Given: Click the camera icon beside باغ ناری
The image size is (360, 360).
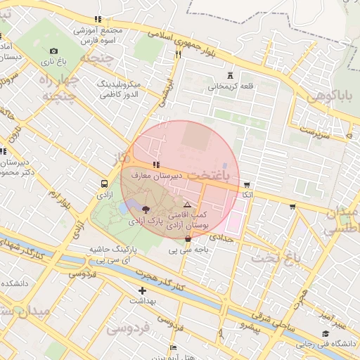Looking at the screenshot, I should [54, 51].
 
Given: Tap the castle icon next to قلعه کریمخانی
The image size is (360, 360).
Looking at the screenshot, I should [230, 75].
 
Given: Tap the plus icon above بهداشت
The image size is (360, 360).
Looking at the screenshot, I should [143, 290].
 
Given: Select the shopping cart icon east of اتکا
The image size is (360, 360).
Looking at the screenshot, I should [292, 207].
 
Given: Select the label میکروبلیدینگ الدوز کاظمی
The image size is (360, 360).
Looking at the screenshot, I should [119, 88].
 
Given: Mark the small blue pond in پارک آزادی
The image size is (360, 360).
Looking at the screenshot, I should [124, 208].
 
